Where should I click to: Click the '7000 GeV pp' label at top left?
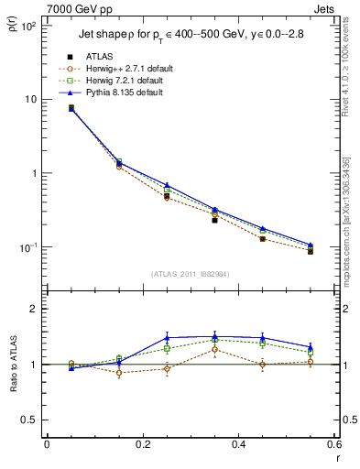pos(69,6)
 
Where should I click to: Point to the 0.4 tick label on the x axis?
pos(238,446)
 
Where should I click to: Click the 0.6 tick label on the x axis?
pos(333,446)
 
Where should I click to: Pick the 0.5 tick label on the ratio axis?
pos(27,420)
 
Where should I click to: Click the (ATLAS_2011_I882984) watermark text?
pos(190,274)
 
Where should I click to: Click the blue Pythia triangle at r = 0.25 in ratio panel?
pos(167,338)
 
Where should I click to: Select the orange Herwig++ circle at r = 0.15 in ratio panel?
pos(119,373)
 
